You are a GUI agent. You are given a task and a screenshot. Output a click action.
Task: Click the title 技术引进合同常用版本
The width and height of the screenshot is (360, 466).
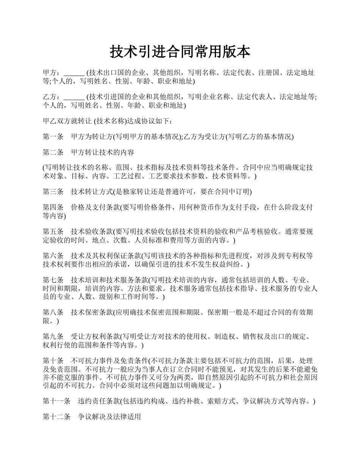coord(180,52)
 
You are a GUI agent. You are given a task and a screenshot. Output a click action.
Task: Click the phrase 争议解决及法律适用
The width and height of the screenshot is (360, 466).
coord(110,417)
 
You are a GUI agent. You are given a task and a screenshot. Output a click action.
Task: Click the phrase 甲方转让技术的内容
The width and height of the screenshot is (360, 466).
coord(102,152)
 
